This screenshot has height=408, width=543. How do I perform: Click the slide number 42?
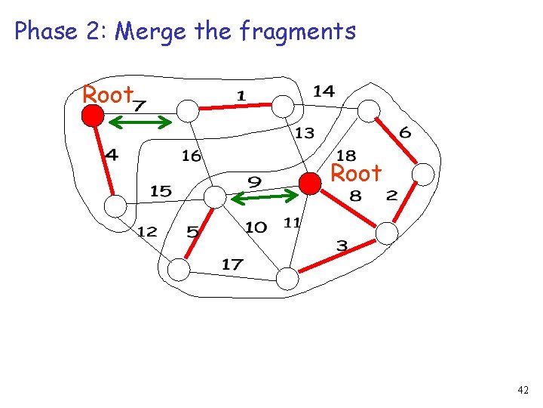523,390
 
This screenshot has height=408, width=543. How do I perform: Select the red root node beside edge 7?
93,115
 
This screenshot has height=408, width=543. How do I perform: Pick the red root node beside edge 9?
309,184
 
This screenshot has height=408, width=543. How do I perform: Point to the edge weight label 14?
324,91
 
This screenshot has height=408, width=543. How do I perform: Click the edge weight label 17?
232,264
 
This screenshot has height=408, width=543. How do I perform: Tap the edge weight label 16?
192,156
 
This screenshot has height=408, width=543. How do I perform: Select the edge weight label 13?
304,134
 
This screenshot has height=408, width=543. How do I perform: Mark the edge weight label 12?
147,231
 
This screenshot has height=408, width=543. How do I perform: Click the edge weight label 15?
161,191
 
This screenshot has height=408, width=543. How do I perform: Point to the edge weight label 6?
405,133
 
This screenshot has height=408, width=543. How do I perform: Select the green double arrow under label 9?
264,197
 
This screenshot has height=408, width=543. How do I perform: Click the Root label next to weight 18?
356,174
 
